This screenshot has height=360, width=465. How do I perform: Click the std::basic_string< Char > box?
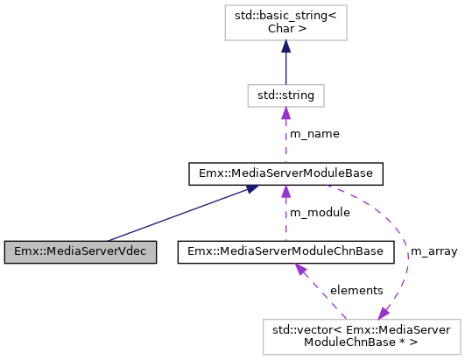point(285,23)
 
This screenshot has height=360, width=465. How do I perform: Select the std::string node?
point(285,93)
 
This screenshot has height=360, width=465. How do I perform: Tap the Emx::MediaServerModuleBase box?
point(285,173)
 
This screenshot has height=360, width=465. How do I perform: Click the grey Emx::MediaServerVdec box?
point(80,252)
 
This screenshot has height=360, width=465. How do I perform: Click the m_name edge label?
point(314,133)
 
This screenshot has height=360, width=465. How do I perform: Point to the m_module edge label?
point(320,213)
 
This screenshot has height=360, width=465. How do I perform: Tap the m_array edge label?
point(433,251)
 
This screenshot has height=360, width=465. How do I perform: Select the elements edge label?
point(356,290)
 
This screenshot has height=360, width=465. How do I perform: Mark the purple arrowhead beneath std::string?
point(285,112)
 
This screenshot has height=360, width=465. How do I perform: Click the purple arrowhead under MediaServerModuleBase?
point(285,192)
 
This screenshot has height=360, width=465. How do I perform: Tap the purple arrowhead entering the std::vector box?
point(384,312)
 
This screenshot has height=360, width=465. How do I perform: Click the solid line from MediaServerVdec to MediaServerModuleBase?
point(175,214)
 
